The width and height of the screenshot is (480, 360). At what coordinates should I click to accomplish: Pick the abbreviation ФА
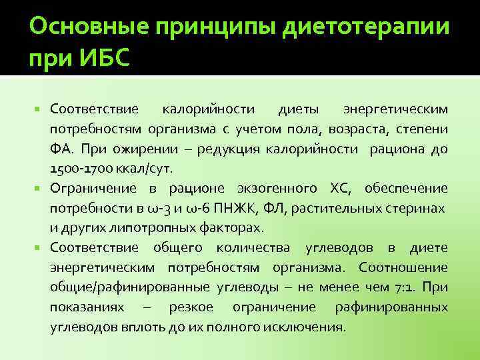pos(61,148)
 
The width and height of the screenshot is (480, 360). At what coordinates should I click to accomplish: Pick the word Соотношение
pos(403,268)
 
